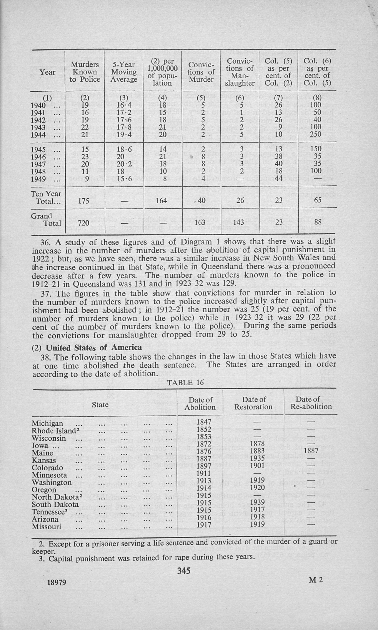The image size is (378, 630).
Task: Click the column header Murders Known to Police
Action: point(85,72)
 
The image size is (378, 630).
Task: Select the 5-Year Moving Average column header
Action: point(124,72)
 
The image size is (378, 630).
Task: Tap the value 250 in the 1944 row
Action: point(316,134)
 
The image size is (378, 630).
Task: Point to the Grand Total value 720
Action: point(83,223)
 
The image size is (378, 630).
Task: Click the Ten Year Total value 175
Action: point(83,201)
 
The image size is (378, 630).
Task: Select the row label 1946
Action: point(38,157)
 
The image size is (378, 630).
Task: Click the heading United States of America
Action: point(94,348)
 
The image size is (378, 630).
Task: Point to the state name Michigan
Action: point(47,423)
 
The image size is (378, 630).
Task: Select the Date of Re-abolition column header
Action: point(311,403)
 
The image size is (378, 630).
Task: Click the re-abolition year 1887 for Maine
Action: point(311,450)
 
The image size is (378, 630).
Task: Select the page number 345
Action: point(184,571)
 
